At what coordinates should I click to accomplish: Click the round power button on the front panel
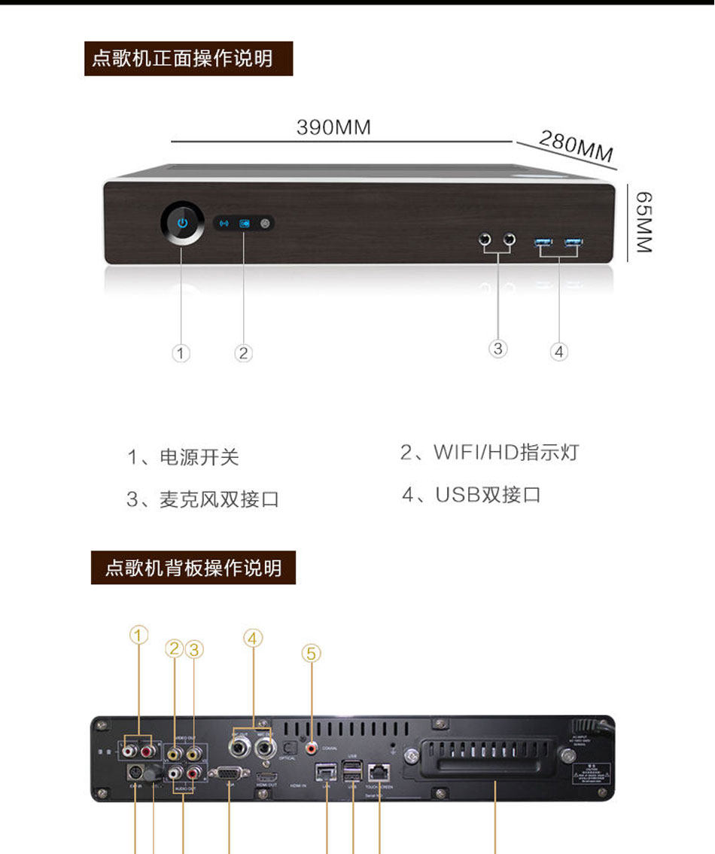pos(181,223)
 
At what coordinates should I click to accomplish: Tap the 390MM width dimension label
pos(333,127)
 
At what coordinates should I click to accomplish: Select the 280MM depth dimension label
pos(577,145)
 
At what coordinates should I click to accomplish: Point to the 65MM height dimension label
pos(643,221)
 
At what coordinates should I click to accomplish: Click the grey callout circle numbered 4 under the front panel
pos(558,351)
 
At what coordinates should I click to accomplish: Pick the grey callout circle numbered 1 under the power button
pos(181,352)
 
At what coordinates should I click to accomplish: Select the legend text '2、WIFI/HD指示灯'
pos(489,453)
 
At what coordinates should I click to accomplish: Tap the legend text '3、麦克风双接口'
pos(202,499)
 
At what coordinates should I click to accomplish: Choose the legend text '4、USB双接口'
pos(471,495)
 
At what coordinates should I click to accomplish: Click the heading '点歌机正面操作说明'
pos(187,58)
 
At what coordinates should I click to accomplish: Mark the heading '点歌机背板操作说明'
pos(193,567)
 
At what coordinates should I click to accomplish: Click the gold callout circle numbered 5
pos(312,654)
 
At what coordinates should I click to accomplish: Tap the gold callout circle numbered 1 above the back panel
pos(138,636)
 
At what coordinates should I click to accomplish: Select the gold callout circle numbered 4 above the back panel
pos(253,639)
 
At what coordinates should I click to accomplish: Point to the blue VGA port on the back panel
pos(228,773)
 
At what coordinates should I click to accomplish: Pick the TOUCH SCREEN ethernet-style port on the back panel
pos(379,770)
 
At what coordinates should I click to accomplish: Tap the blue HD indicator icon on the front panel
pos(244,223)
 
